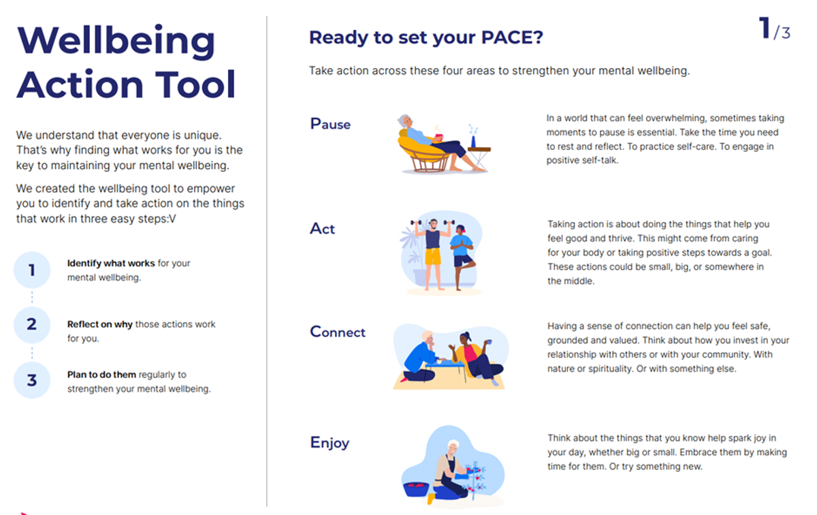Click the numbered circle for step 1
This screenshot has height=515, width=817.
click(32, 270)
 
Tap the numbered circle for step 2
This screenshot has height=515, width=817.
click(32, 325)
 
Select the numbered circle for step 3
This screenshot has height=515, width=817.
click(32, 380)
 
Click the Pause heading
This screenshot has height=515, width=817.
click(330, 124)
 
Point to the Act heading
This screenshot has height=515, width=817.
click(322, 229)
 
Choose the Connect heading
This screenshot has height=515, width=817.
click(338, 332)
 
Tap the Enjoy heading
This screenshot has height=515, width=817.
click(330, 443)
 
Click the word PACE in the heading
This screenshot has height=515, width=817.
click(512, 37)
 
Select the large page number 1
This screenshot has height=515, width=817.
click(765, 28)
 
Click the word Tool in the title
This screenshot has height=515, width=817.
click(195, 84)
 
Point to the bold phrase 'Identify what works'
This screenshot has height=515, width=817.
click(111, 263)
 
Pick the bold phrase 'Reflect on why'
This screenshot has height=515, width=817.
click(99, 324)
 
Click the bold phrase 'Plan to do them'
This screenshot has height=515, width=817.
click(101, 375)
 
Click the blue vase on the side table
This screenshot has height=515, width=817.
click(473, 142)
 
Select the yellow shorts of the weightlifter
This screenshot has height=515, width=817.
click(433, 256)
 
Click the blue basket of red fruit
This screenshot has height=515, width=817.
click(416, 489)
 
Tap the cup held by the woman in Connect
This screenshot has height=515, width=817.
click(489, 342)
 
